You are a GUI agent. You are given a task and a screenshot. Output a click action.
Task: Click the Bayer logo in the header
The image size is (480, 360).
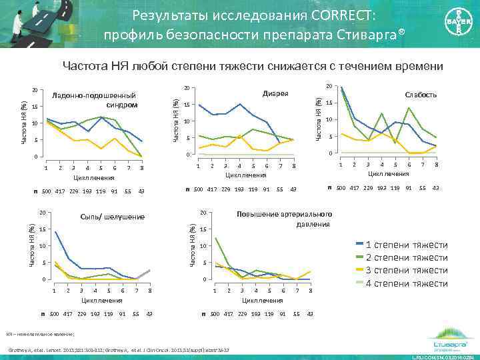[x=453, y=27]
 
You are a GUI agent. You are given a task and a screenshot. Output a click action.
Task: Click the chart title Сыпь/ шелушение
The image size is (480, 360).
[x=112, y=217]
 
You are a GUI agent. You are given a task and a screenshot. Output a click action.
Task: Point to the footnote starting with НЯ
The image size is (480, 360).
[x=40, y=334]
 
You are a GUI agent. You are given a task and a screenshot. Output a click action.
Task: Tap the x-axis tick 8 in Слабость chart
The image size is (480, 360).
[x=436, y=164]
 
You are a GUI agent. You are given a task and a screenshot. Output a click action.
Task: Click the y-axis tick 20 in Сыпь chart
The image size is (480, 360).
[x=41, y=213]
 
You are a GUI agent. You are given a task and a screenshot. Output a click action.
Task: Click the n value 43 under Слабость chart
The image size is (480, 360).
[x=435, y=188]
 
